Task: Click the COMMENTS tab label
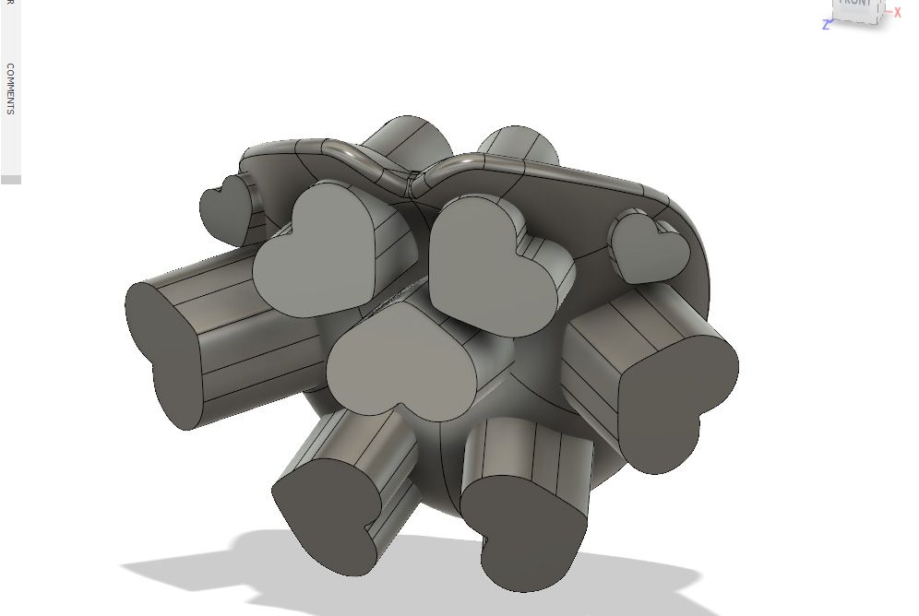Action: [x=10, y=89]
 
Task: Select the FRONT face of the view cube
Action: [x=853, y=6]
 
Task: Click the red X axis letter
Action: [x=897, y=13]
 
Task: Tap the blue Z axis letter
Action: [x=826, y=25]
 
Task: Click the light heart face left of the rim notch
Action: [x=318, y=247]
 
